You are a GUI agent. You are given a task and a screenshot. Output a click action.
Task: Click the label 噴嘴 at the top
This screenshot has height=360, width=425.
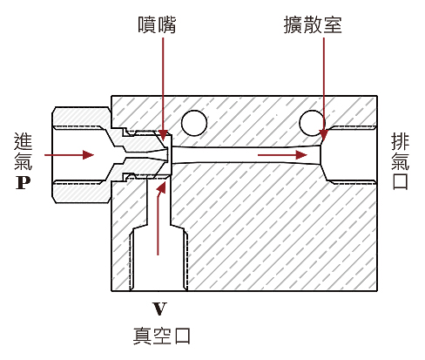[157, 24]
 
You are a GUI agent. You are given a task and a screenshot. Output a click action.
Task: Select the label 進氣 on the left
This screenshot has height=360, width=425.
[24, 151]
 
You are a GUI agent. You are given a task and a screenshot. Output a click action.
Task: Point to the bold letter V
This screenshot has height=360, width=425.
[158, 308]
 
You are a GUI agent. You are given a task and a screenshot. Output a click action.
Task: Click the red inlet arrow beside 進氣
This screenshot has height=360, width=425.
[70, 155]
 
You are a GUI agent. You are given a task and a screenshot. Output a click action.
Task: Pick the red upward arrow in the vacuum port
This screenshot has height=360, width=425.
[159, 218]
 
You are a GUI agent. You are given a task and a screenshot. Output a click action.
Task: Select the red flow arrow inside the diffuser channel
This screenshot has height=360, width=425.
[283, 155]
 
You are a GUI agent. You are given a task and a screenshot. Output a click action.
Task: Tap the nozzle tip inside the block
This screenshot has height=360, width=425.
[165, 154]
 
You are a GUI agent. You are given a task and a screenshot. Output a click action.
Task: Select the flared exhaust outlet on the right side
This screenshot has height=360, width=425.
[348, 155]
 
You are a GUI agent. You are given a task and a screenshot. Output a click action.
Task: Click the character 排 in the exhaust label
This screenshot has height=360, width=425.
[401, 140]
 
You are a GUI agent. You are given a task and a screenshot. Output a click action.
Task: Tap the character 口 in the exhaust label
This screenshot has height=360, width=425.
[401, 181]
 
